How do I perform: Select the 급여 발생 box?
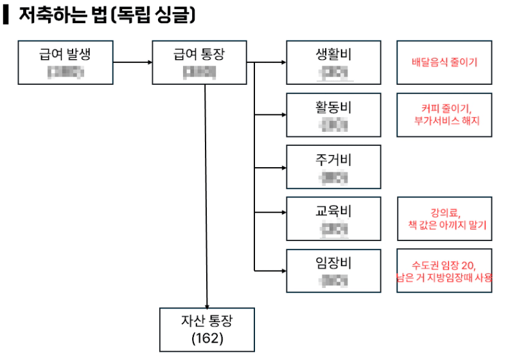[66, 62]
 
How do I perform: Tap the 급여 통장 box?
[200, 62]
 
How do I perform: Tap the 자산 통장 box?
[207, 329]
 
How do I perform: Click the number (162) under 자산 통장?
[207, 338]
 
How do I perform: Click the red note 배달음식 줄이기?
[444, 63]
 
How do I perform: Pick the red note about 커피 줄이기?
[444, 114]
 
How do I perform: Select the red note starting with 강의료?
[444, 219]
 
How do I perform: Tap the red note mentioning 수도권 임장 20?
[444, 271]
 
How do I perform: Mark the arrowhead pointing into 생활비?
[283, 63]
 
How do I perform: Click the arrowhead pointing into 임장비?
[283, 271]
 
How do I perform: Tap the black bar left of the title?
[6, 15]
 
